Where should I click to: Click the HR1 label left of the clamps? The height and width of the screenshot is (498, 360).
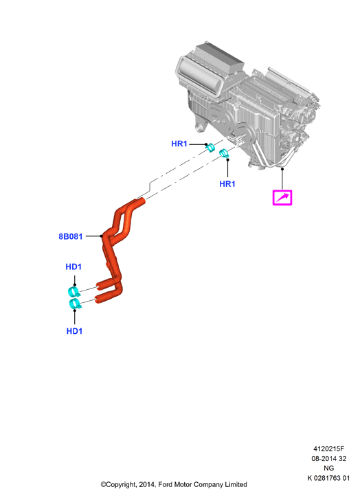tap(179, 144)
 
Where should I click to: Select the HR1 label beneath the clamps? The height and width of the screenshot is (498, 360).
tap(227, 183)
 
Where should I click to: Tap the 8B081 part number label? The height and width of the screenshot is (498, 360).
tap(71, 236)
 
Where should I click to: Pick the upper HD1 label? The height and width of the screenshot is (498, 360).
tap(74, 267)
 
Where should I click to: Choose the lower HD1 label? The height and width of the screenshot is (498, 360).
tap(74, 331)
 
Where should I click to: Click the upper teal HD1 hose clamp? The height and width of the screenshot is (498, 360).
tap(74, 291)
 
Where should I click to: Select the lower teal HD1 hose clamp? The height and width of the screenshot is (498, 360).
tap(75, 304)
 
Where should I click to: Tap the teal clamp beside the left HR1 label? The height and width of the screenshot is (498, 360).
tap(210, 148)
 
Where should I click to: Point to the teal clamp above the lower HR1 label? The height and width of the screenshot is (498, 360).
tap(224, 154)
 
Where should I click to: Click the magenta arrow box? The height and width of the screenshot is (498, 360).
tap(282, 197)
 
